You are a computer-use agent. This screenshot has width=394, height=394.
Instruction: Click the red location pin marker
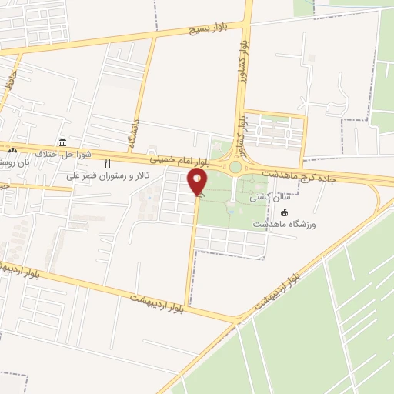click(x=197, y=182)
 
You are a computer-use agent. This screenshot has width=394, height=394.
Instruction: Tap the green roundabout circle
click(x=235, y=166)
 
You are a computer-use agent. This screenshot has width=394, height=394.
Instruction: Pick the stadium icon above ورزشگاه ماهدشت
click(x=285, y=212)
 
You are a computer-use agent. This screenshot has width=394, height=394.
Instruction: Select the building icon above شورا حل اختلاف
click(x=62, y=142)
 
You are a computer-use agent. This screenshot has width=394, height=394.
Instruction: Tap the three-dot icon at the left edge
click(x=12, y=149)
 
